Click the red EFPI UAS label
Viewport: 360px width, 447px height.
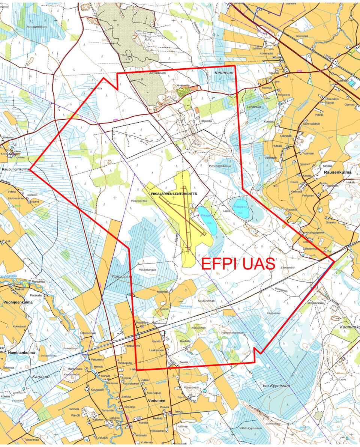coord(238,264)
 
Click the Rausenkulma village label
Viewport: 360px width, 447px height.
coord(337,173)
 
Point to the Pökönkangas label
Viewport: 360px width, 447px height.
coord(147,270)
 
